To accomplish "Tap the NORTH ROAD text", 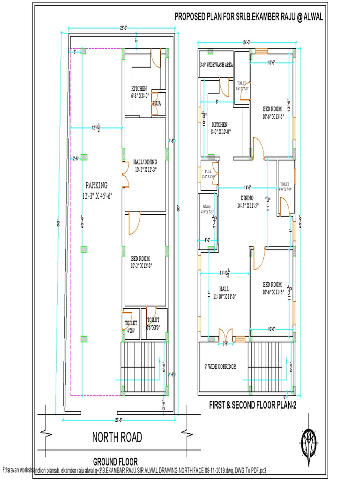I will click(x=117, y=438).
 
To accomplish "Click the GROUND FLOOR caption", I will click(x=115, y=461).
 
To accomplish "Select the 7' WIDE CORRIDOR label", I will click(x=220, y=366).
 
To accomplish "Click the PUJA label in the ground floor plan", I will click(x=157, y=103).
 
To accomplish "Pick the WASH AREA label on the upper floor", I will click(x=216, y=65).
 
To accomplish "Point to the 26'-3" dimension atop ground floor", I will click(x=123, y=29).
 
